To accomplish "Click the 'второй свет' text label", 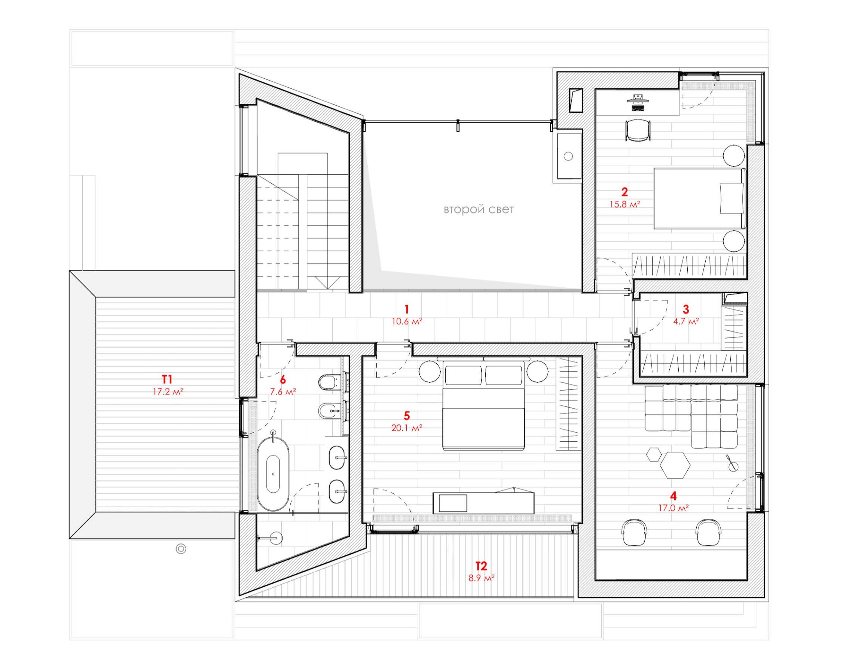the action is point(479,210).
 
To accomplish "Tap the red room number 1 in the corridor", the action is point(407,310).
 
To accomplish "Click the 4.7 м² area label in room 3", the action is point(686,322).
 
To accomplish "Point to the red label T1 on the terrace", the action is point(167,379).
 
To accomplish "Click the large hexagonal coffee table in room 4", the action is point(675,464).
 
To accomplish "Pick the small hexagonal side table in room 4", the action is point(653,454).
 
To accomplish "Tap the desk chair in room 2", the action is point(638,130).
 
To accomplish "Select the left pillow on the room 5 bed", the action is point(463,375).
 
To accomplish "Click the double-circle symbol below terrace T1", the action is point(181,549).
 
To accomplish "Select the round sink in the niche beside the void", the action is point(568,156).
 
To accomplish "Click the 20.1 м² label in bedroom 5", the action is point(407,428).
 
